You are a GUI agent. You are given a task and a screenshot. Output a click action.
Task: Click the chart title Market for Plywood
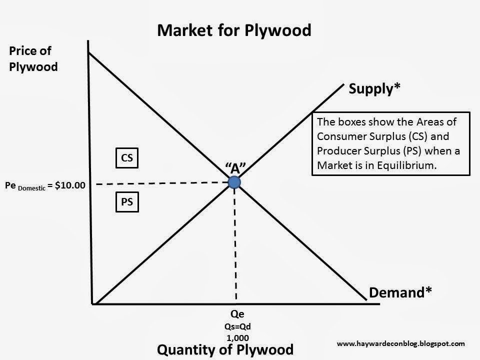click(x=234, y=30)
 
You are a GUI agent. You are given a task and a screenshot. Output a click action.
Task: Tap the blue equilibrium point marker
click(x=234, y=182)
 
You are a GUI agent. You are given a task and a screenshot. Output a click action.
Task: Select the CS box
click(x=127, y=158)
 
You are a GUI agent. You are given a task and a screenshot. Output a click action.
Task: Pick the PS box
click(x=127, y=202)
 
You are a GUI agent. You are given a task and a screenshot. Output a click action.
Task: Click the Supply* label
click(x=375, y=89)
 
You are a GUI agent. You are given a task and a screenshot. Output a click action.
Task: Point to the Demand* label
click(x=400, y=292)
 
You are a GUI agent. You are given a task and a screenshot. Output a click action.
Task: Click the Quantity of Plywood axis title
click(x=225, y=349)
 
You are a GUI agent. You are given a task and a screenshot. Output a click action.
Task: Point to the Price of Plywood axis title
click(x=33, y=58)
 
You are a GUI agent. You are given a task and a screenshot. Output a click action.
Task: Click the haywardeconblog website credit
click(x=401, y=343)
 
